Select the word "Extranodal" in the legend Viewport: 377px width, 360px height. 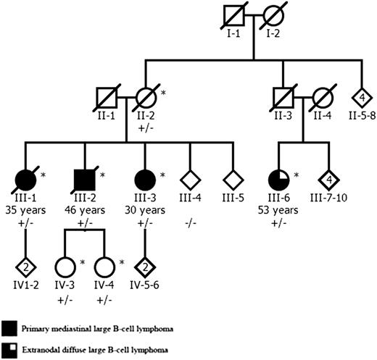pos(41,351)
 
